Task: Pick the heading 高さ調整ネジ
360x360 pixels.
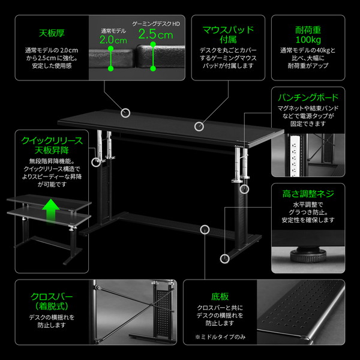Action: [x=308, y=194]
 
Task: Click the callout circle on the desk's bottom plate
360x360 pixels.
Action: [x=206, y=229]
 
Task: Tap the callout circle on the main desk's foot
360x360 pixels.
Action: [x=225, y=259]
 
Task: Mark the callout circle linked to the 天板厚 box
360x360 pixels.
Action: [x=126, y=112]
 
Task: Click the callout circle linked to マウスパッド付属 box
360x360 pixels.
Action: [x=199, y=126]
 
